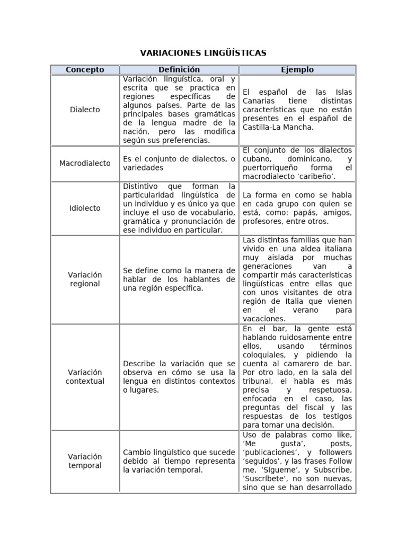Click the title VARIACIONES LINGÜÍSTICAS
(203, 53)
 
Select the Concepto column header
(85, 70)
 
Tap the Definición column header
(179, 70)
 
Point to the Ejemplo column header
(297, 70)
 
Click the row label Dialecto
(85, 110)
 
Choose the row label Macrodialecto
(85, 163)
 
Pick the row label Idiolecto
(85, 208)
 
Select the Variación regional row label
(85, 279)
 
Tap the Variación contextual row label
(85, 376)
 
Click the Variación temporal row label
(85, 460)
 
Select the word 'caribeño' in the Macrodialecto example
(313, 177)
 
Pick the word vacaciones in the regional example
(263, 319)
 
